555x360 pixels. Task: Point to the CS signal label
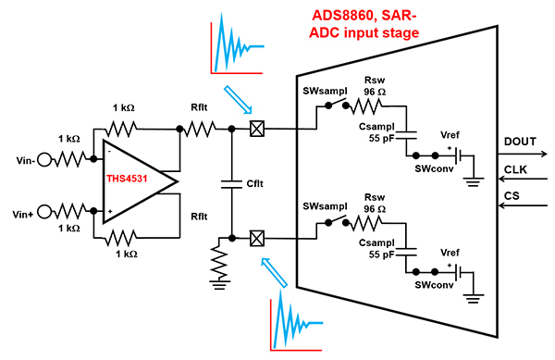tap(512, 197)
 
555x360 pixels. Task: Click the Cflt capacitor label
tap(254, 184)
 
